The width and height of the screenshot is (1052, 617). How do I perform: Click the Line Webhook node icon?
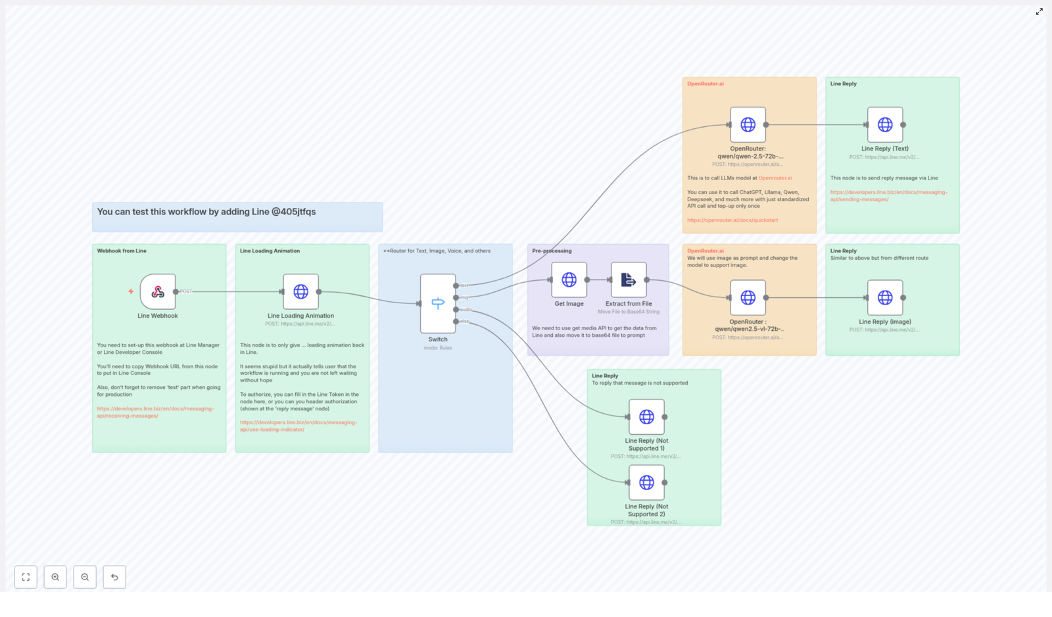click(158, 291)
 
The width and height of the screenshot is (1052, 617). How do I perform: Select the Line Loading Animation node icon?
click(300, 291)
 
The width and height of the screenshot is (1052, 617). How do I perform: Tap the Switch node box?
click(438, 303)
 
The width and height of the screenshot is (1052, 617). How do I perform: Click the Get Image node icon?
click(569, 280)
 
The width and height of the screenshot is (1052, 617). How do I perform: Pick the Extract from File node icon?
click(629, 280)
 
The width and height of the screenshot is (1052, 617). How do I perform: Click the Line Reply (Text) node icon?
click(885, 124)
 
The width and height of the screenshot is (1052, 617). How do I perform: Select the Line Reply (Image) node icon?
click(885, 297)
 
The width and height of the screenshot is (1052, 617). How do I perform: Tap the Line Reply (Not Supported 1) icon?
click(646, 416)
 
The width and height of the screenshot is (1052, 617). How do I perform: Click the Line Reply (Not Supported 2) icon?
click(646, 482)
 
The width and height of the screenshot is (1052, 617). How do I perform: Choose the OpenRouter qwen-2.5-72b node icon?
click(748, 124)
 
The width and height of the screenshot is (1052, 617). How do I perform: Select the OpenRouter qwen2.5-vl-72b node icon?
click(748, 297)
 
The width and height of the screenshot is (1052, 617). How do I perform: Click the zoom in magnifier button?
click(55, 577)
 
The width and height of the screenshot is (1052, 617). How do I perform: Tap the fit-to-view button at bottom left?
click(26, 577)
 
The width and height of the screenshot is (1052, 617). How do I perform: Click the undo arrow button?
click(114, 577)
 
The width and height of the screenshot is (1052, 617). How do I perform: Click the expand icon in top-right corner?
click(1039, 12)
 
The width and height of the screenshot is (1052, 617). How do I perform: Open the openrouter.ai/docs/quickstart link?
click(732, 220)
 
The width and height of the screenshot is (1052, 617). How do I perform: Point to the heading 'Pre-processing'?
click(552, 251)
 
